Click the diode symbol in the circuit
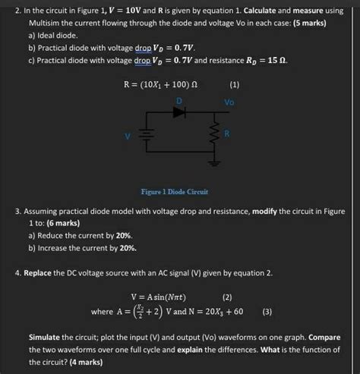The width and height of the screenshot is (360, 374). click(180, 112)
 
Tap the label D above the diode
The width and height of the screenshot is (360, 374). click(179, 100)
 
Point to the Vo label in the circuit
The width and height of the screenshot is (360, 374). click(229, 102)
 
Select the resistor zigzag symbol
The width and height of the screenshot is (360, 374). click(215, 136)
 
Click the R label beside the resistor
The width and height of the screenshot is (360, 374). click(226, 134)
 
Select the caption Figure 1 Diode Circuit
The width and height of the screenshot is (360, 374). click(175, 192)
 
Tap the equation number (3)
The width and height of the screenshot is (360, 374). click(267, 311)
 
